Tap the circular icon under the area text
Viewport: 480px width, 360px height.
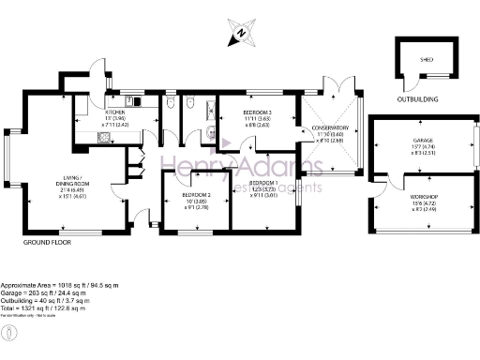[x=8, y=332]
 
